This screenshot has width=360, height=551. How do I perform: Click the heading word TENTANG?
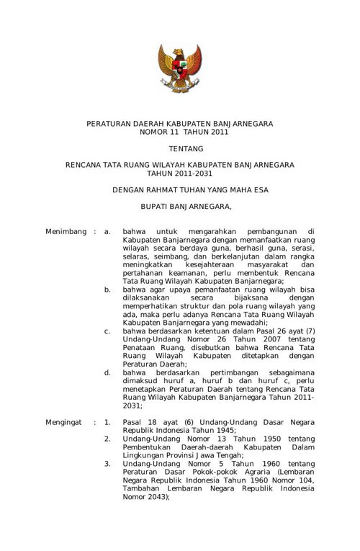(179, 149)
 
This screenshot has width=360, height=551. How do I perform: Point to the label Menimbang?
(66, 232)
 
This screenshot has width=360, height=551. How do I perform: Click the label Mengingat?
(65, 419)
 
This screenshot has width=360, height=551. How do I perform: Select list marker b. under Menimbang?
(107, 289)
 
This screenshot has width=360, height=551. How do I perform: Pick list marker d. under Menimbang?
(107, 373)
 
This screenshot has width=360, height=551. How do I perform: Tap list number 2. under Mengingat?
(107, 439)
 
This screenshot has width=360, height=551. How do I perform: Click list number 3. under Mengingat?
(107, 464)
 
